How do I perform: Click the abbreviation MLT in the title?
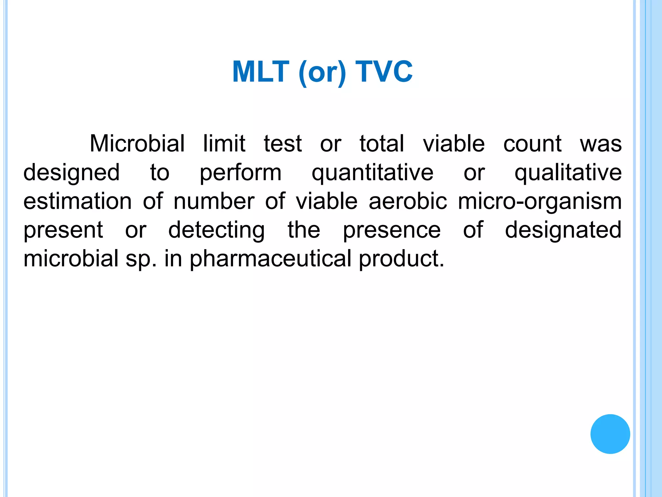(261, 72)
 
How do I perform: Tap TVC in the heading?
(384, 72)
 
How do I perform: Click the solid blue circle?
(610, 434)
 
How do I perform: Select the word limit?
(224, 143)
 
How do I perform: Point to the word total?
(382, 143)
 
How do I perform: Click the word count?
(532, 143)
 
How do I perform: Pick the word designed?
(71, 173)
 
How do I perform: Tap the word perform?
(240, 173)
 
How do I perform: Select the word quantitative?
(372, 173)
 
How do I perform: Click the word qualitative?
(568, 173)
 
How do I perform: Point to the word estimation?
(78, 201)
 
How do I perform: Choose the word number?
(214, 201)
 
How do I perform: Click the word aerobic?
(408, 201)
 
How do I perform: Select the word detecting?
(217, 230)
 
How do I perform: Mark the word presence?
(392, 230)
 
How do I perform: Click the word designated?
(563, 230)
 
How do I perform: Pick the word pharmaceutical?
(271, 259)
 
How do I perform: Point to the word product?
(401, 259)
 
